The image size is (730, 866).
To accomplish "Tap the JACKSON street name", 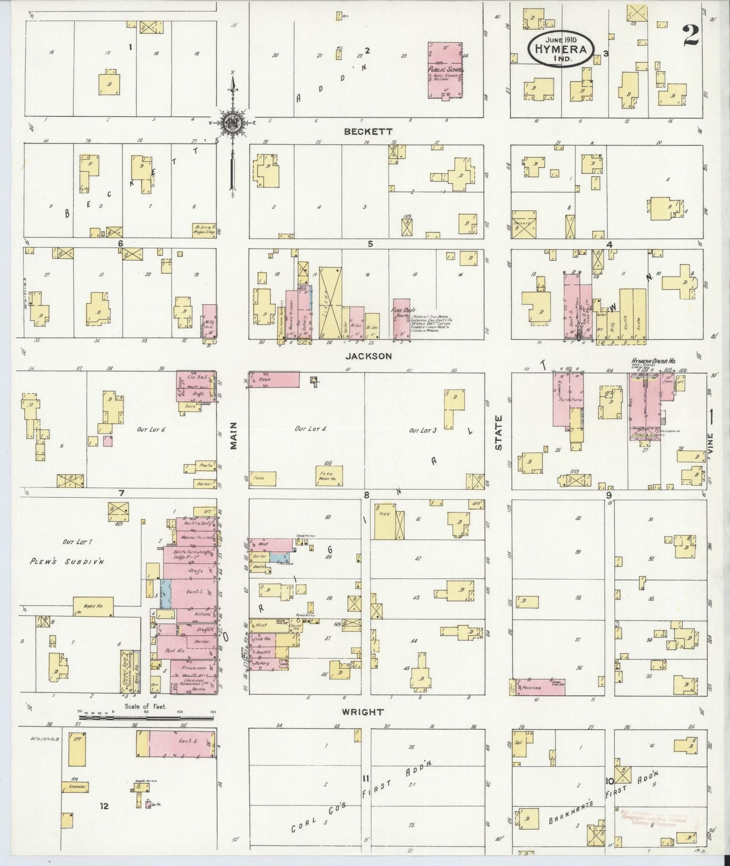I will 368,356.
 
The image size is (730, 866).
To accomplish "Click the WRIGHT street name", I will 363,712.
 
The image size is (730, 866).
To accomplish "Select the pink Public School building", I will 445,70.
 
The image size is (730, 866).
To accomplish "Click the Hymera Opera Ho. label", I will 653,361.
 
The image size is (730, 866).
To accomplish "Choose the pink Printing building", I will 539,687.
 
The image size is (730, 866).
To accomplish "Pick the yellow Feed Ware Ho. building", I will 330,475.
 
